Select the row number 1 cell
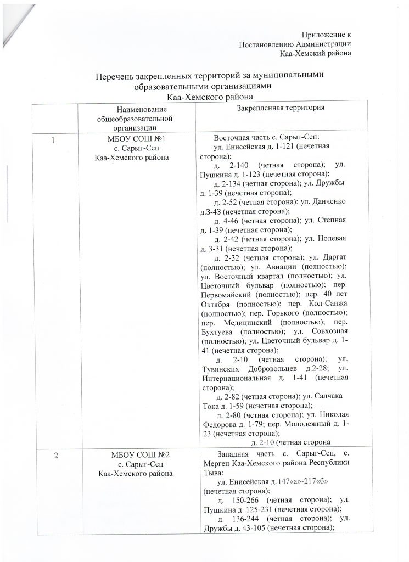point(53,140)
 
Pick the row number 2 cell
point(53,454)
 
